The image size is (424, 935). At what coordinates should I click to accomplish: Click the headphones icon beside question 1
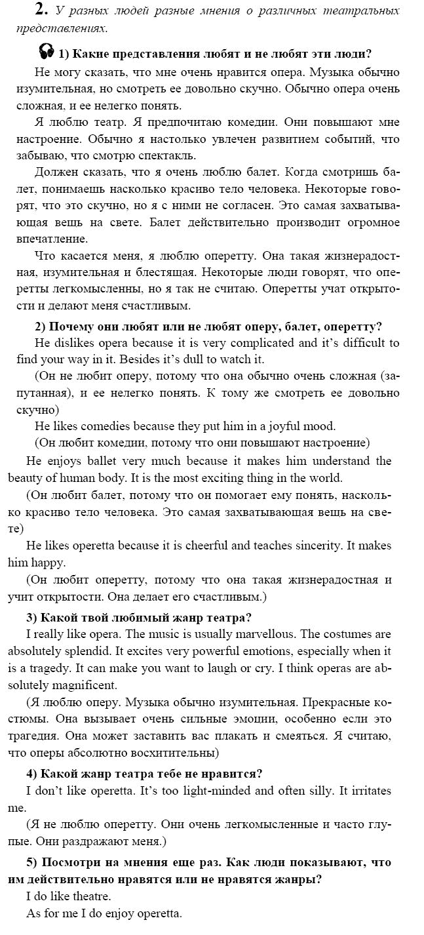(46, 51)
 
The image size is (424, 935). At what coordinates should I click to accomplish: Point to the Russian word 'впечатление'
(47, 239)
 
